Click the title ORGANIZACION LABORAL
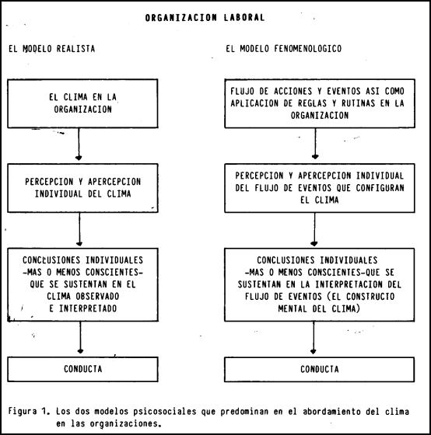tap(205, 18)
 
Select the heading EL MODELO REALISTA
tap(52, 49)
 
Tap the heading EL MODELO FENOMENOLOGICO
tap(283, 49)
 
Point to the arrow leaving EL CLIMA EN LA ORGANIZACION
tap(79, 144)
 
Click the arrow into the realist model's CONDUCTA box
tap(80, 337)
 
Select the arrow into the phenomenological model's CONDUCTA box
tap(314, 338)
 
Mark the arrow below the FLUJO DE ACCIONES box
tap(315, 144)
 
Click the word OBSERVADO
tap(97, 296)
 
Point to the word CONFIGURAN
tap(380, 188)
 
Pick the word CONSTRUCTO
tap(370, 296)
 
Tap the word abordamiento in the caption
tap(331, 411)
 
